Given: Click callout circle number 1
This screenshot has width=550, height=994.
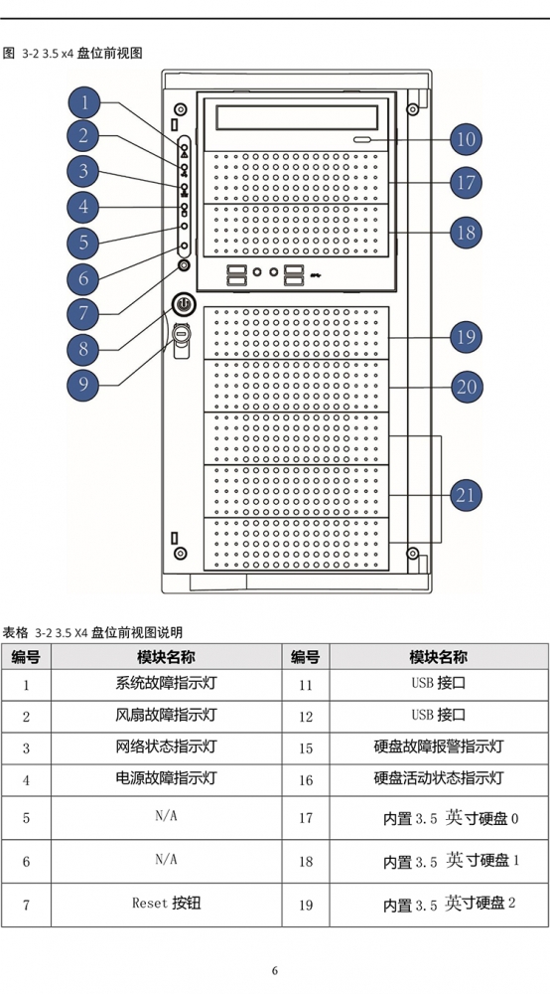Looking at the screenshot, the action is click(x=84, y=101).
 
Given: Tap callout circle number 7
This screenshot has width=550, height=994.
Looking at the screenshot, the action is click(x=84, y=313).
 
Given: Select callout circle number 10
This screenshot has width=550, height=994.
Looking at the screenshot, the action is click(x=466, y=139).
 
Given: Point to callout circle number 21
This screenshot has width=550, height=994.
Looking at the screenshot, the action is click(x=466, y=495).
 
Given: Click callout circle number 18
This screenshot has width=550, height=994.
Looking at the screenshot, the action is click(x=466, y=232).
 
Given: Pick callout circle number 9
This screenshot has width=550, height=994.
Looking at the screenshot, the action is click(x=84, y=384).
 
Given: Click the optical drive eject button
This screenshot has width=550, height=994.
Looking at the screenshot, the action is click(x=364, y=141).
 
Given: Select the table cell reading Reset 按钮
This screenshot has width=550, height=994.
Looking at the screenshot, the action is click(x=167, y=903).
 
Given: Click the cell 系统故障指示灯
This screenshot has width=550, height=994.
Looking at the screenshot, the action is click(x=167, y=684).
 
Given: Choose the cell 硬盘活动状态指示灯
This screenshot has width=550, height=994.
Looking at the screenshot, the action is click(x=439, y=778).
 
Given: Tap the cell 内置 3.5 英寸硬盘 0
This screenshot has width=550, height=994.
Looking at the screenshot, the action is click(x=451, y=818).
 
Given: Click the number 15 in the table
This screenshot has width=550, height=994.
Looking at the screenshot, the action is click(x=306, y=748).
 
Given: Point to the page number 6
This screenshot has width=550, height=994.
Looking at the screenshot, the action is click(x=275, y=970).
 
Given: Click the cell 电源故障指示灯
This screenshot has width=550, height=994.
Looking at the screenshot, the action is click(x=167, y=778).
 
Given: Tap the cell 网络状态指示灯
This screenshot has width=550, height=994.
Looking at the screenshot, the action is click(x=167, y=746).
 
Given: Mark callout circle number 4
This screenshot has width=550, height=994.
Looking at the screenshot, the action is click(x=84, y=207).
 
